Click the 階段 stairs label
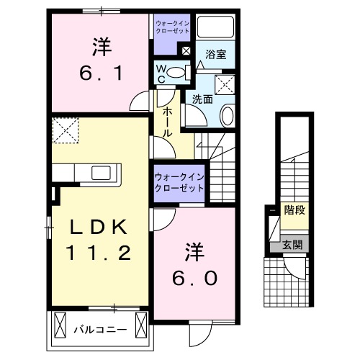point(293,211)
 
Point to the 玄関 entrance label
point(292,245)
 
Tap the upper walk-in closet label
point(172,28)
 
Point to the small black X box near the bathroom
point(186,50)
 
